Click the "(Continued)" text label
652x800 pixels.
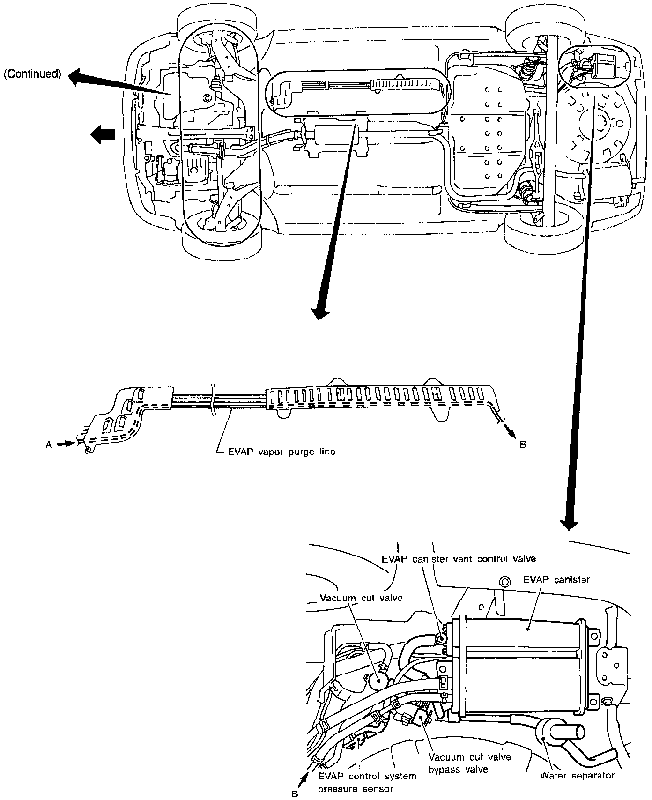click(32, 74)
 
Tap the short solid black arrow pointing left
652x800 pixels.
click(103, 134)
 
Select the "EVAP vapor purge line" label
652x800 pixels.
click(282, 452)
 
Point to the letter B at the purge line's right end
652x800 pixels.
click(523, 444)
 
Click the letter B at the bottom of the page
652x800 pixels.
click(295, 793)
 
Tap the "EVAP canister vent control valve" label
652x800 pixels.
click(459, 559)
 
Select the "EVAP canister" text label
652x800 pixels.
click(556, 579)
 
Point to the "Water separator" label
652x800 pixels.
click(577, 775)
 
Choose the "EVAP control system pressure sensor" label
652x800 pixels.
click(367, 782)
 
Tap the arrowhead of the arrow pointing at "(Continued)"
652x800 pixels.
click(77, 77)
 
